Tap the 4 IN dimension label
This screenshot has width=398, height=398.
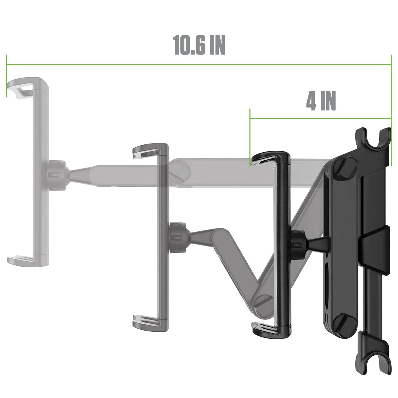(321, 101)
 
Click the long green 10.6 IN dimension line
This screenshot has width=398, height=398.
(199, 65)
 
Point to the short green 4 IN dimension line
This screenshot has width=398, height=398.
(321, 118)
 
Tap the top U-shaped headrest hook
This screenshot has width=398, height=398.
(373, 138)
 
